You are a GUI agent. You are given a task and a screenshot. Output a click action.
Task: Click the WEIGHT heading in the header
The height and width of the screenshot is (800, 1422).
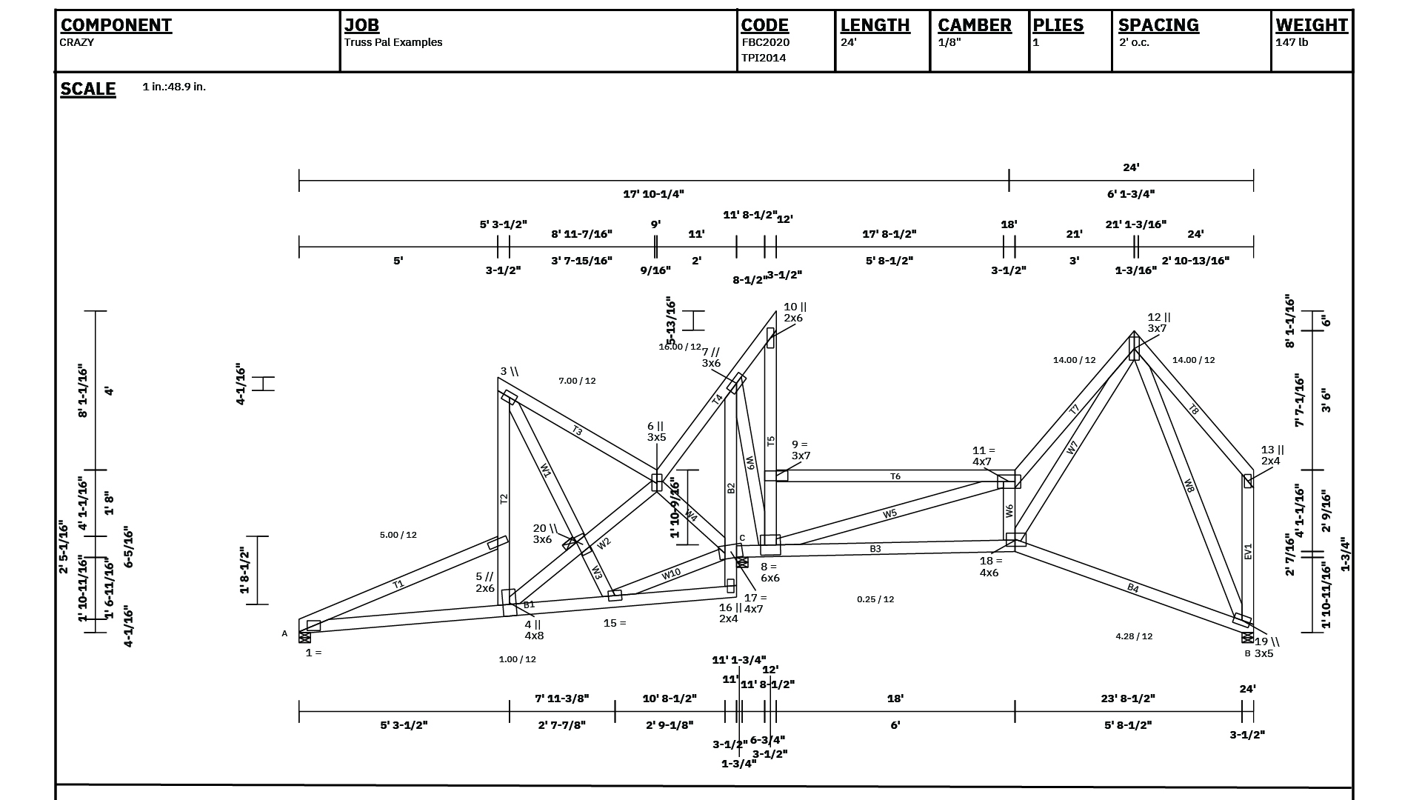(x=1311, y=25)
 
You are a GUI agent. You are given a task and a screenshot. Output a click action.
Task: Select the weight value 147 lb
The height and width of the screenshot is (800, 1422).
(x=1292, y=42)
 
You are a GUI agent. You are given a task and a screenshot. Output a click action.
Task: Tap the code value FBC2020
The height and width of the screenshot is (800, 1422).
(x=766, y=42)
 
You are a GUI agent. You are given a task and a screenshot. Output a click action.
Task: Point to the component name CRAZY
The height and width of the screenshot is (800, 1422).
(x=77, y=42)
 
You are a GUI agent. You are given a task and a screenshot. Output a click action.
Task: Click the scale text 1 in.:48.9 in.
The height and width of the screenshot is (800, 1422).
(x=174, y=87)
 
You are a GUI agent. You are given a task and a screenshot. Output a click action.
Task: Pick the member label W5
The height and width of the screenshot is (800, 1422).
(x=889, y=513)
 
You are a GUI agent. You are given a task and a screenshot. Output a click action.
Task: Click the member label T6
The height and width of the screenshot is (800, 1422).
(x=895, y=476)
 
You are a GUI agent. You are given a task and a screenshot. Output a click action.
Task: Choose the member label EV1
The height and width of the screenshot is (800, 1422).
(x=1248, y=551)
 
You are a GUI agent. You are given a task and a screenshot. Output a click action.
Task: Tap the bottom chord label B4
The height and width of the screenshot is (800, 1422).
(x=1133, y=588)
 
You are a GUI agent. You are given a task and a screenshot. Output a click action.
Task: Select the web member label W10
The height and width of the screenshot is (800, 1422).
(x=671, y=573)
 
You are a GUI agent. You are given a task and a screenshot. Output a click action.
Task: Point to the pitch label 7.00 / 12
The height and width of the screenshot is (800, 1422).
(x=577, y=381)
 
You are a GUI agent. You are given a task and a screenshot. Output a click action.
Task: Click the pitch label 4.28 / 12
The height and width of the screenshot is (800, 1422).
(x=1134, y=636)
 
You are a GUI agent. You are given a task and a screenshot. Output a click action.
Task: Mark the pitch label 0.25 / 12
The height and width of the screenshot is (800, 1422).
(x=875, y=599)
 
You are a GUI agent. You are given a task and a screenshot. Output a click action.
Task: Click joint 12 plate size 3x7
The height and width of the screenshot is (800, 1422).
(x=1157, y=328)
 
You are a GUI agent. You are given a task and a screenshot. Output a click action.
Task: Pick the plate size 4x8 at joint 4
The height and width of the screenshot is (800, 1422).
(x=534, y=636)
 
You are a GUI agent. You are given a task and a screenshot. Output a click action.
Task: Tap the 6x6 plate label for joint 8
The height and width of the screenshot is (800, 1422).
(x=770, y=578)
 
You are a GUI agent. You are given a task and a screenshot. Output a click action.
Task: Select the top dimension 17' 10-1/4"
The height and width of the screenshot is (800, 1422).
(x=653, y=194)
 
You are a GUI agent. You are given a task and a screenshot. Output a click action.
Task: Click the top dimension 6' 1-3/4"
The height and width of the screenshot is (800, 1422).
(x=1131, y=194)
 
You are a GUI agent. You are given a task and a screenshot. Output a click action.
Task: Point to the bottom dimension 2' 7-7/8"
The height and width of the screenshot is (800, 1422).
(x=561, y=725)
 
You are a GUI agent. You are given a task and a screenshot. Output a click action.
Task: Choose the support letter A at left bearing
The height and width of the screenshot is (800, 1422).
(x=284, y=634)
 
